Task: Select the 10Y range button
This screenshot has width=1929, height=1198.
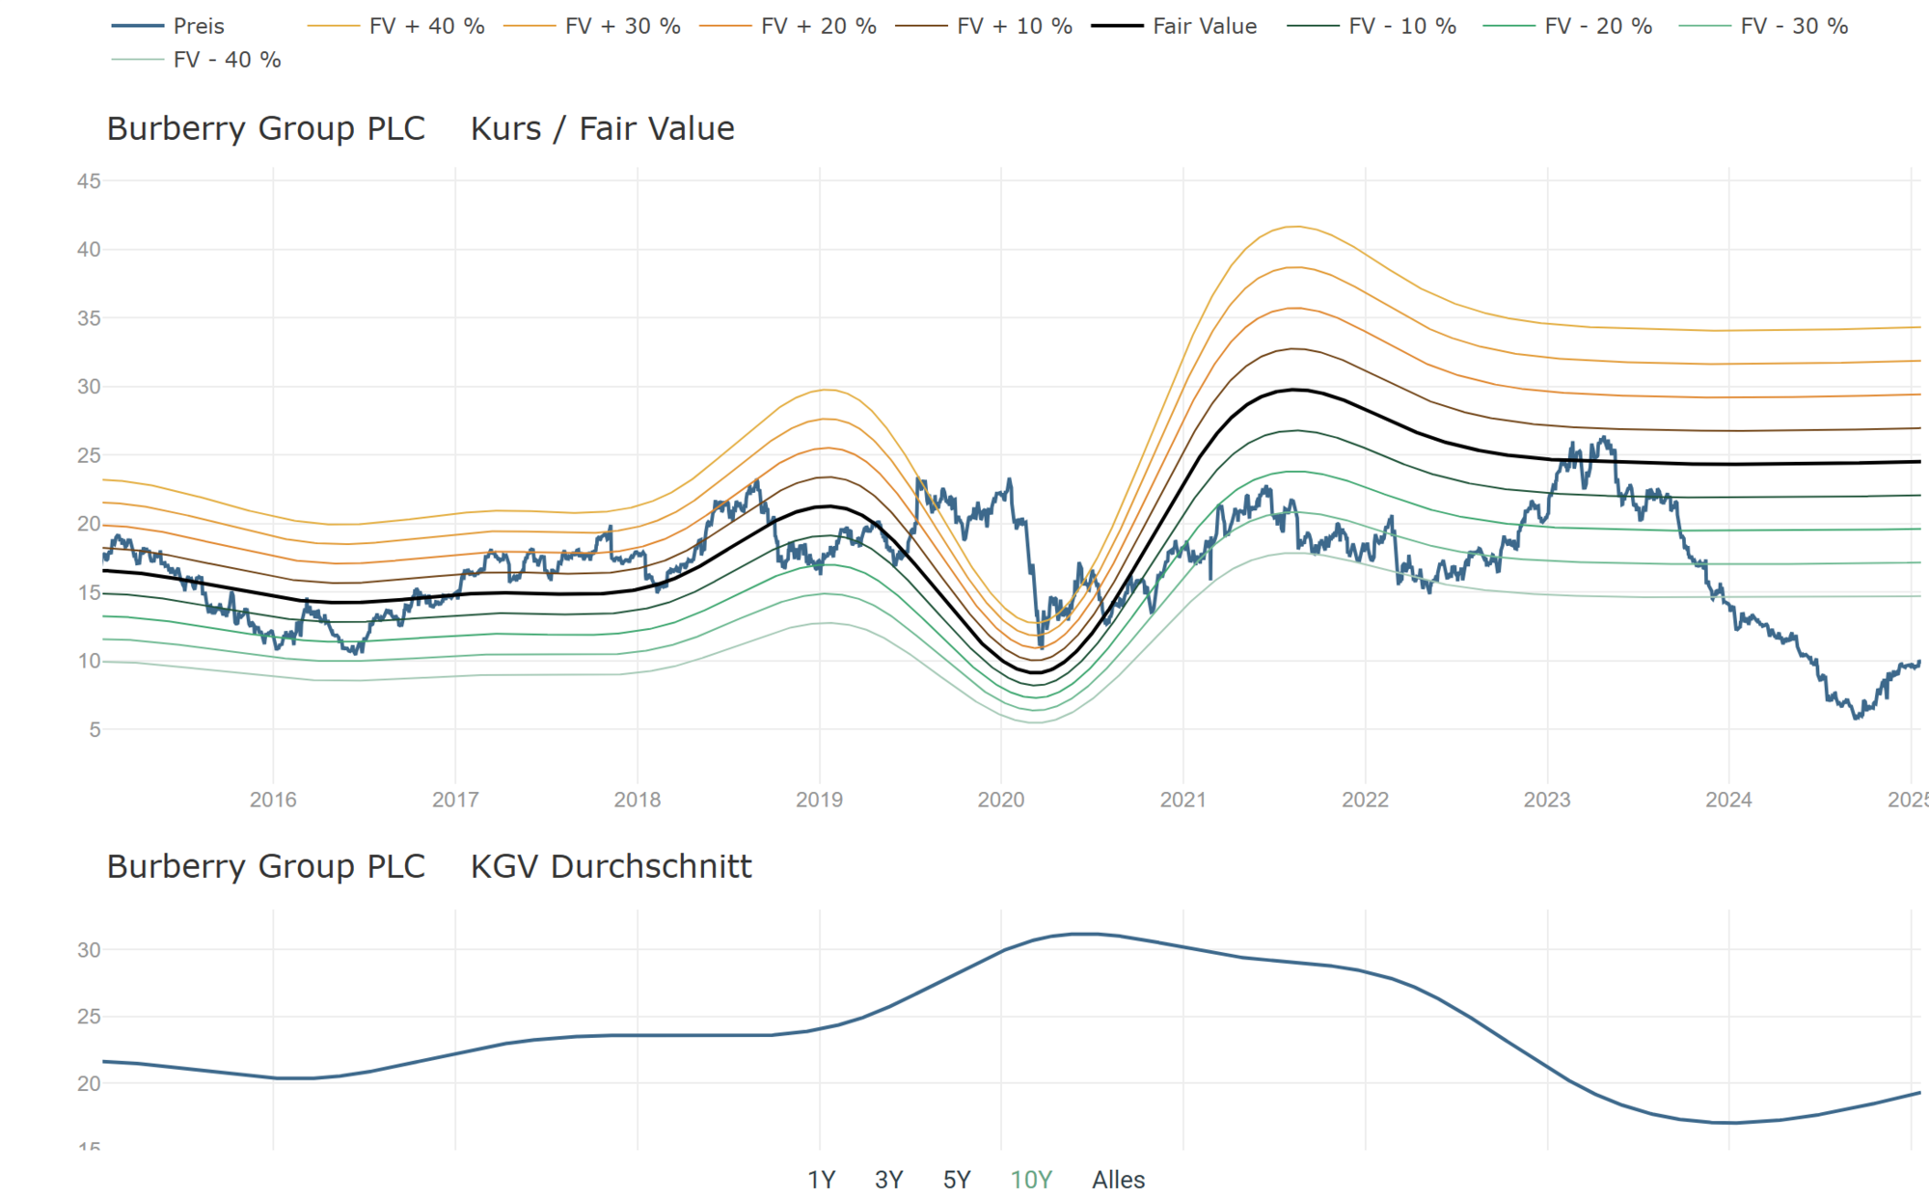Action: point(1031,1179)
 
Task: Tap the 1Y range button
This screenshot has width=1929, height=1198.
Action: point(821,1179)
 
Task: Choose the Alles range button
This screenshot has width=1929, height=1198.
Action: point(1118,1179)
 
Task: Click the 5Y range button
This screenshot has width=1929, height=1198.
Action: point(956,1179)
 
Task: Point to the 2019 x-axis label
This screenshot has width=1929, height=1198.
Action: point(819,800)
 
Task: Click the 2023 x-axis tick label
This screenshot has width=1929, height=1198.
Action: point(1546,800)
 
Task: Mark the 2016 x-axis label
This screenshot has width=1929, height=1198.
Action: point(273,800)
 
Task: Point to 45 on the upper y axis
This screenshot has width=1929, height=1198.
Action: point(89,181)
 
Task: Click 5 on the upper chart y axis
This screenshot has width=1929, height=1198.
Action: point(95,730)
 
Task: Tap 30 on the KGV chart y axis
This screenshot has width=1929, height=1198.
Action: point(89,950)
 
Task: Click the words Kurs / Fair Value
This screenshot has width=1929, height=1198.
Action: point(602,128)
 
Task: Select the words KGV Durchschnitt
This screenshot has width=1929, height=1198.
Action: point(611,866)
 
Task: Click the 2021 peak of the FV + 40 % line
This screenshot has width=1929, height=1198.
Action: point(1294,227)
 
